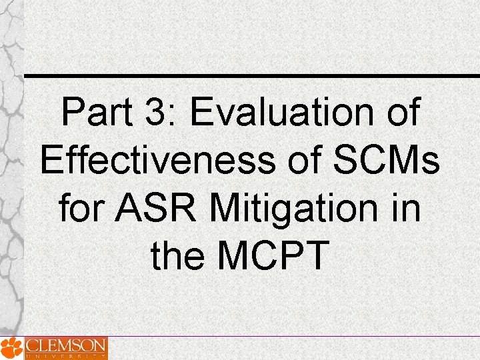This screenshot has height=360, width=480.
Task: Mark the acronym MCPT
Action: click(275, 256)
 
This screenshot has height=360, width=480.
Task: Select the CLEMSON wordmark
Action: click(65, 345)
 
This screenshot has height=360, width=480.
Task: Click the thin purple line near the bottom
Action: click(293, 337)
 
